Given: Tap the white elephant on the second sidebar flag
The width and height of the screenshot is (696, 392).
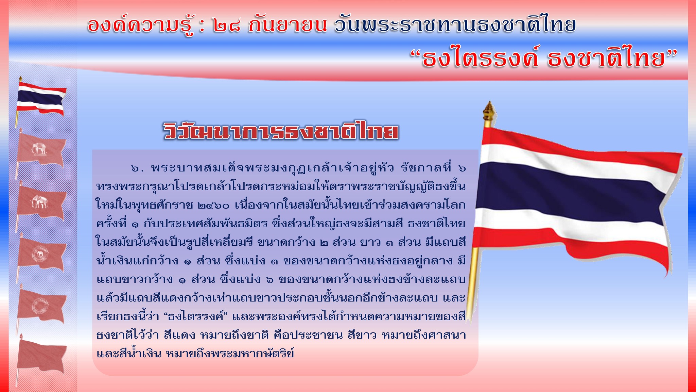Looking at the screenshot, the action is [39, 149].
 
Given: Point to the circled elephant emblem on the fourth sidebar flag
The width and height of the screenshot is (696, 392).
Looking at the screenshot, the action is [40, 254].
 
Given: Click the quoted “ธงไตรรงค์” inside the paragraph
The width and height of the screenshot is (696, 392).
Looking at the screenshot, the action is [195, 316].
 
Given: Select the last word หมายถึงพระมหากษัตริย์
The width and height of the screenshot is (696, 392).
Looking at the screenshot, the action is [230, 354].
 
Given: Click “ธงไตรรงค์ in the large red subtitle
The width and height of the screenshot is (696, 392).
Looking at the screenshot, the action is [474, 59].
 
